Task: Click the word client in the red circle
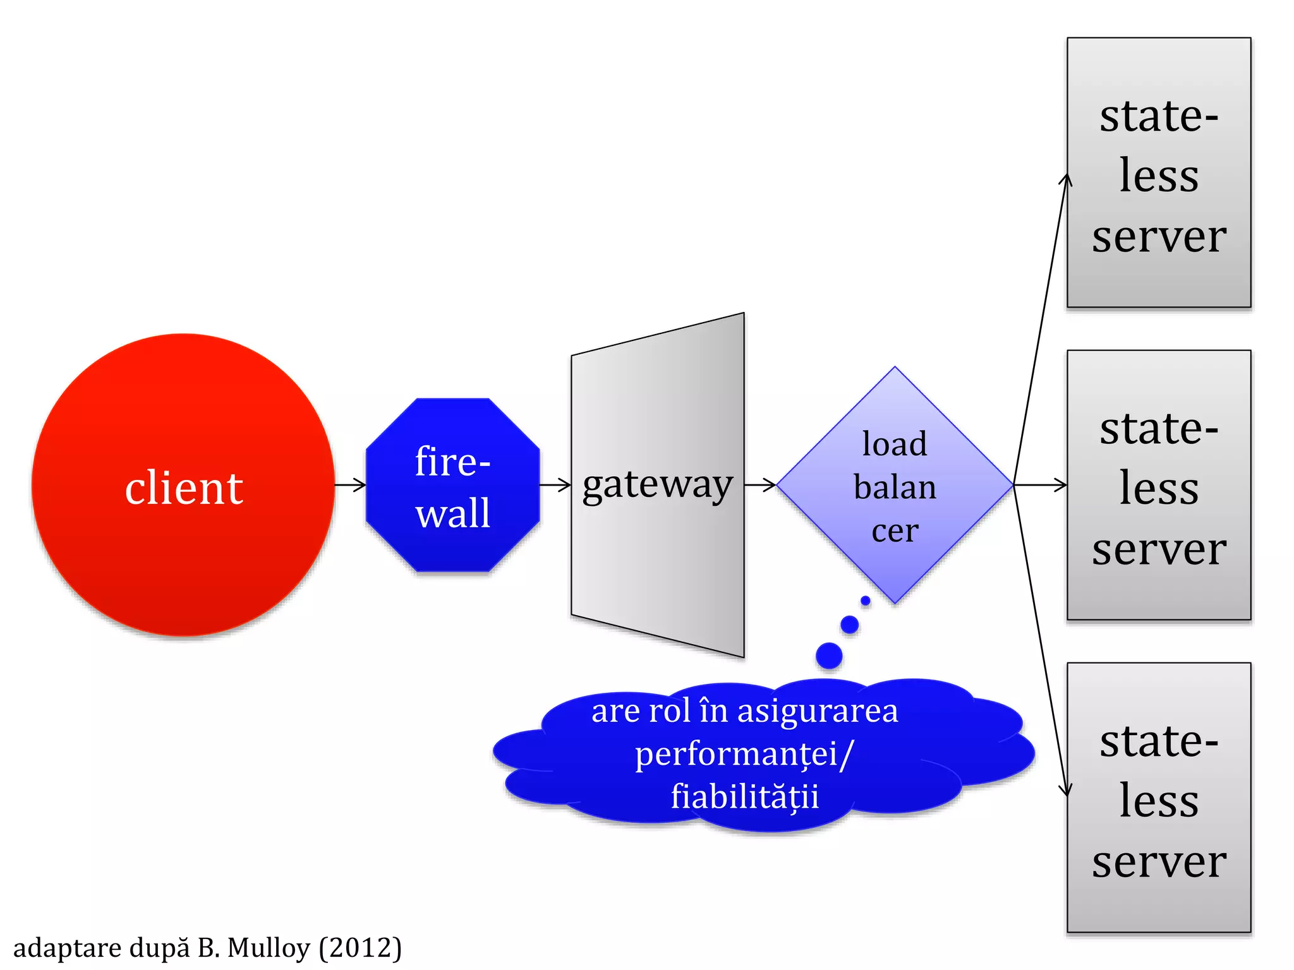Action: coord(184,488)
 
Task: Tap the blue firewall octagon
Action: coord(452,485)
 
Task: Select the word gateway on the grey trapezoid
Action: coord(657,485)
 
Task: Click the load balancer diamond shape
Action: coord(895,485)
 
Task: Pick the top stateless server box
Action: coord(1158,172)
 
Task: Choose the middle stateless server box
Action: coord(1158,485)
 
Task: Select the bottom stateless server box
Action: coord(1158,798)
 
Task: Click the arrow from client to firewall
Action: coord(351,485)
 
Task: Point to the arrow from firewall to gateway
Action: coord(555,485)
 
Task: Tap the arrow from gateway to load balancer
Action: coord(761,485)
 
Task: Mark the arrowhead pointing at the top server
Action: coord(1065,179)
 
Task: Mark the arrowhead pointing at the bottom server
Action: coord(1065,789)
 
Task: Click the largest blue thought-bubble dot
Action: coord(829,656)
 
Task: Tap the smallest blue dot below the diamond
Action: coord(866,601)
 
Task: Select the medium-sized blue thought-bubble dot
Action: coord(850,625)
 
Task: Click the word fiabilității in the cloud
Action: coord(745,796)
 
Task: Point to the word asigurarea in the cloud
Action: coord(818,711)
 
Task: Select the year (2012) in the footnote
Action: coord(360,948)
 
